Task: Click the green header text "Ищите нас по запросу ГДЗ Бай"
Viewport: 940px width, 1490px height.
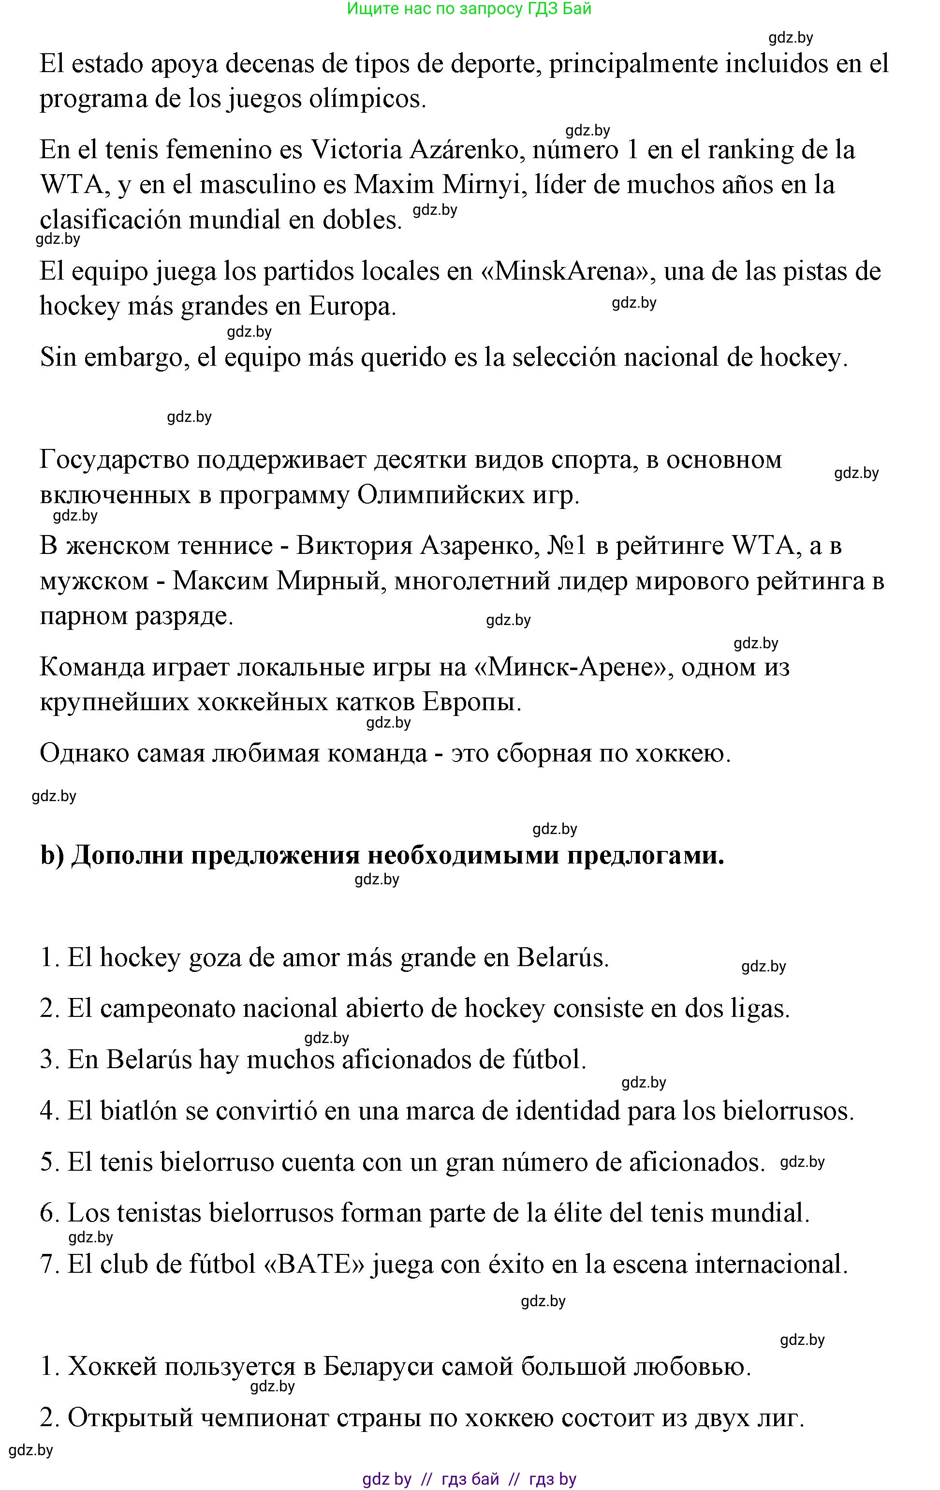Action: pos(469,9)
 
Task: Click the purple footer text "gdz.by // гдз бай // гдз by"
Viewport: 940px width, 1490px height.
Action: pos(469,1479)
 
